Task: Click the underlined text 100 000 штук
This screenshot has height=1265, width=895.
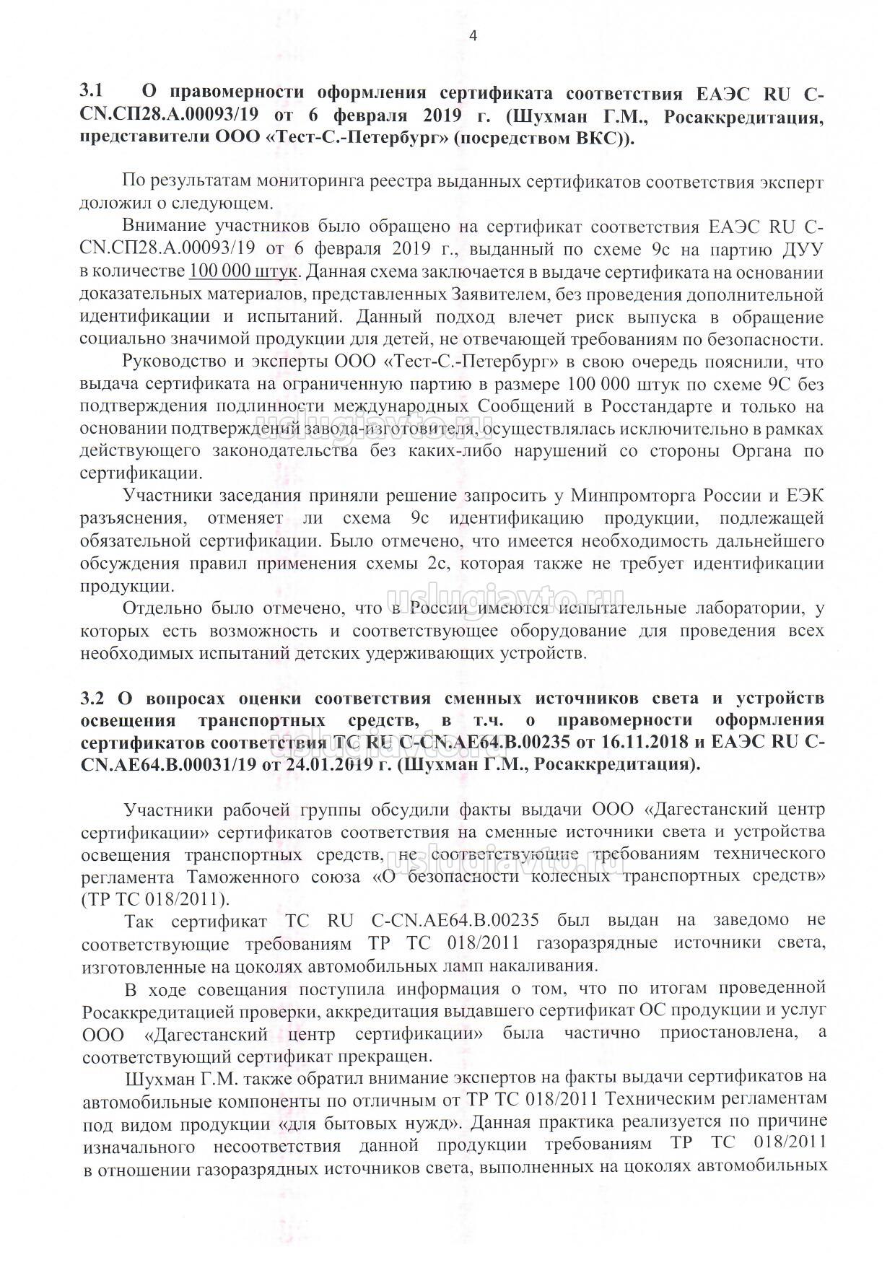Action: pyautogui.click(x=243, y=273)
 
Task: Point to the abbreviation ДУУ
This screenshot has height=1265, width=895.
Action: pyautogui.click(x=803, y=250)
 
